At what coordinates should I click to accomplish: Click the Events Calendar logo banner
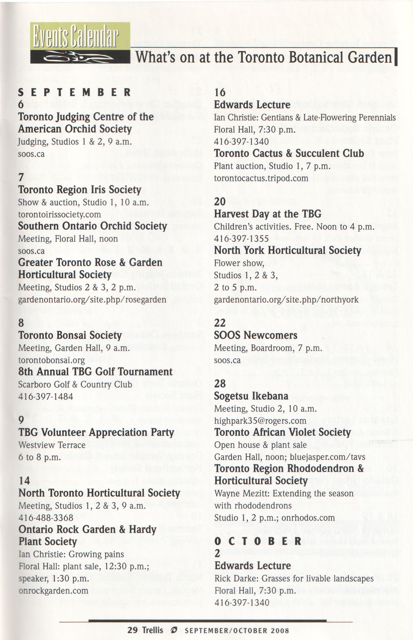[x=80, y=43]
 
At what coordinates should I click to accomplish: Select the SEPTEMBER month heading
[x=74, y=93]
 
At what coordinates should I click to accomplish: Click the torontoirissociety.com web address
[x=60, y=214]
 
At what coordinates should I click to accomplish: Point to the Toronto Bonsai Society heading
[x=70, y=335]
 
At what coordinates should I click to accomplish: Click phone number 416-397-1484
[x=46, y=396]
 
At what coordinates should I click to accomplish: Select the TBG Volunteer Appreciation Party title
[x=96, y=433]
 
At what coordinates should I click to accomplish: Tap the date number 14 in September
[x=24, y=480]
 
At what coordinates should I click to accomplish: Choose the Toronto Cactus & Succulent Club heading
[x=289, y=153]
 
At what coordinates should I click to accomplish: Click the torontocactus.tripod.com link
[x=261, y=178]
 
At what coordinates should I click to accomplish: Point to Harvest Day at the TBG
[x=268, y=214]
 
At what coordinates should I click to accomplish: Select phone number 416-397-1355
[x=241, y=238]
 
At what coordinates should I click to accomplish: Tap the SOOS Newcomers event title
[x=255, y=335]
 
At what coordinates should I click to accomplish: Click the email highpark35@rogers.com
[x=260, y=421]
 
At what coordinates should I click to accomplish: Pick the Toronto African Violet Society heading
[x=283, y=433]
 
